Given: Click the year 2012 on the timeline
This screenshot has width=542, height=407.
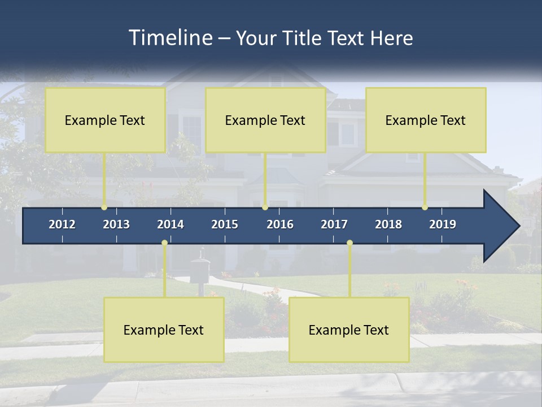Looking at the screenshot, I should click(62, 224).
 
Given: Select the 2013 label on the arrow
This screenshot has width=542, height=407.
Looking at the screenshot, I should click(116, 224).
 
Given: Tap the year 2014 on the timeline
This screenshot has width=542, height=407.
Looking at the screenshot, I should click(171, 224).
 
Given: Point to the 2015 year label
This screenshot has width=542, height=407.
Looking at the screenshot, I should click(225, 224).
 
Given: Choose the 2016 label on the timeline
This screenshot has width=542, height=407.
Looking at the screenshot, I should click(280, 224).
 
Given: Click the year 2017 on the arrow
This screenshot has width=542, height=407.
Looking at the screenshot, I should click(334, 224).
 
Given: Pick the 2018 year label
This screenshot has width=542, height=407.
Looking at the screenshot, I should click(388, 224).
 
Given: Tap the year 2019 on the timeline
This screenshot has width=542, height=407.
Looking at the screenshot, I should click(443, 224).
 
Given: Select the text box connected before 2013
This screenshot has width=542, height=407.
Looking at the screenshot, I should click(105, 120).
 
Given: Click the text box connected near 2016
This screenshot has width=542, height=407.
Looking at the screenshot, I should click(265, 120).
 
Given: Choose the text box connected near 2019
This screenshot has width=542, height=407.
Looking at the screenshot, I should click(426, 120).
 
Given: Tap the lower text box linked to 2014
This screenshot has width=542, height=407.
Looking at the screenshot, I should click(164, 330).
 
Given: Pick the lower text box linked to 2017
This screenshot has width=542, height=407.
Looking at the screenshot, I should click(349, 330).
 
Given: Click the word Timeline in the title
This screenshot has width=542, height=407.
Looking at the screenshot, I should click(169, 38).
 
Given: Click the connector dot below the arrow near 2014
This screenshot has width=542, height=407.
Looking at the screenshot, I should click(164, 243).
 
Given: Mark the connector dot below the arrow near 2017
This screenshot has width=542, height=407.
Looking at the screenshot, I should click(349, 243).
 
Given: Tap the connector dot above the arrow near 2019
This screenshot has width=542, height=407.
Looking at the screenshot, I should click(425, 207).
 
